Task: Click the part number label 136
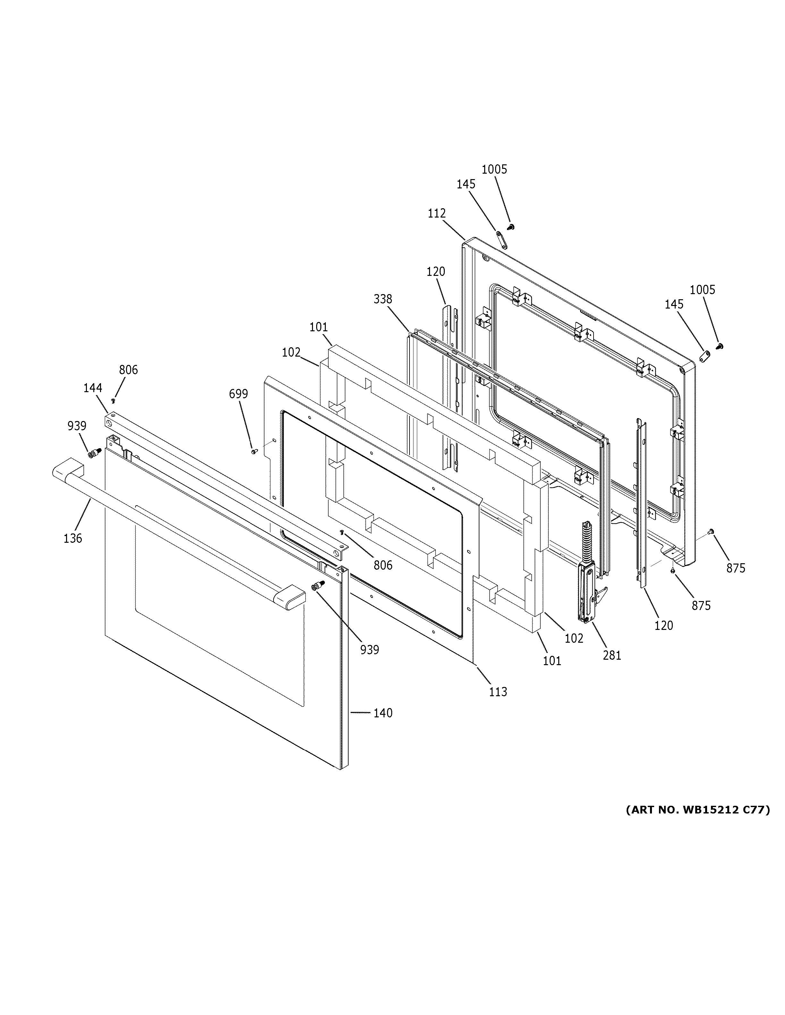click(x=72, y=538)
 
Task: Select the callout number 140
click(x=383, y=713)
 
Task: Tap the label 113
click(x=498, y=691)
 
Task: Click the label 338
click(x=383, y=299)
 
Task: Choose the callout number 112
click(x=437, y=213)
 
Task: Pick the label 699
click(x=238, y=394)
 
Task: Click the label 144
click(x=93, y=388)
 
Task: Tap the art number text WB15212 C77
click(x=697, y=810)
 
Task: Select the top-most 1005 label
click(x=494, y=169)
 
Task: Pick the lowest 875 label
click(x=701, y=605)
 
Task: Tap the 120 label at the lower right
click(x=663, y=625)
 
